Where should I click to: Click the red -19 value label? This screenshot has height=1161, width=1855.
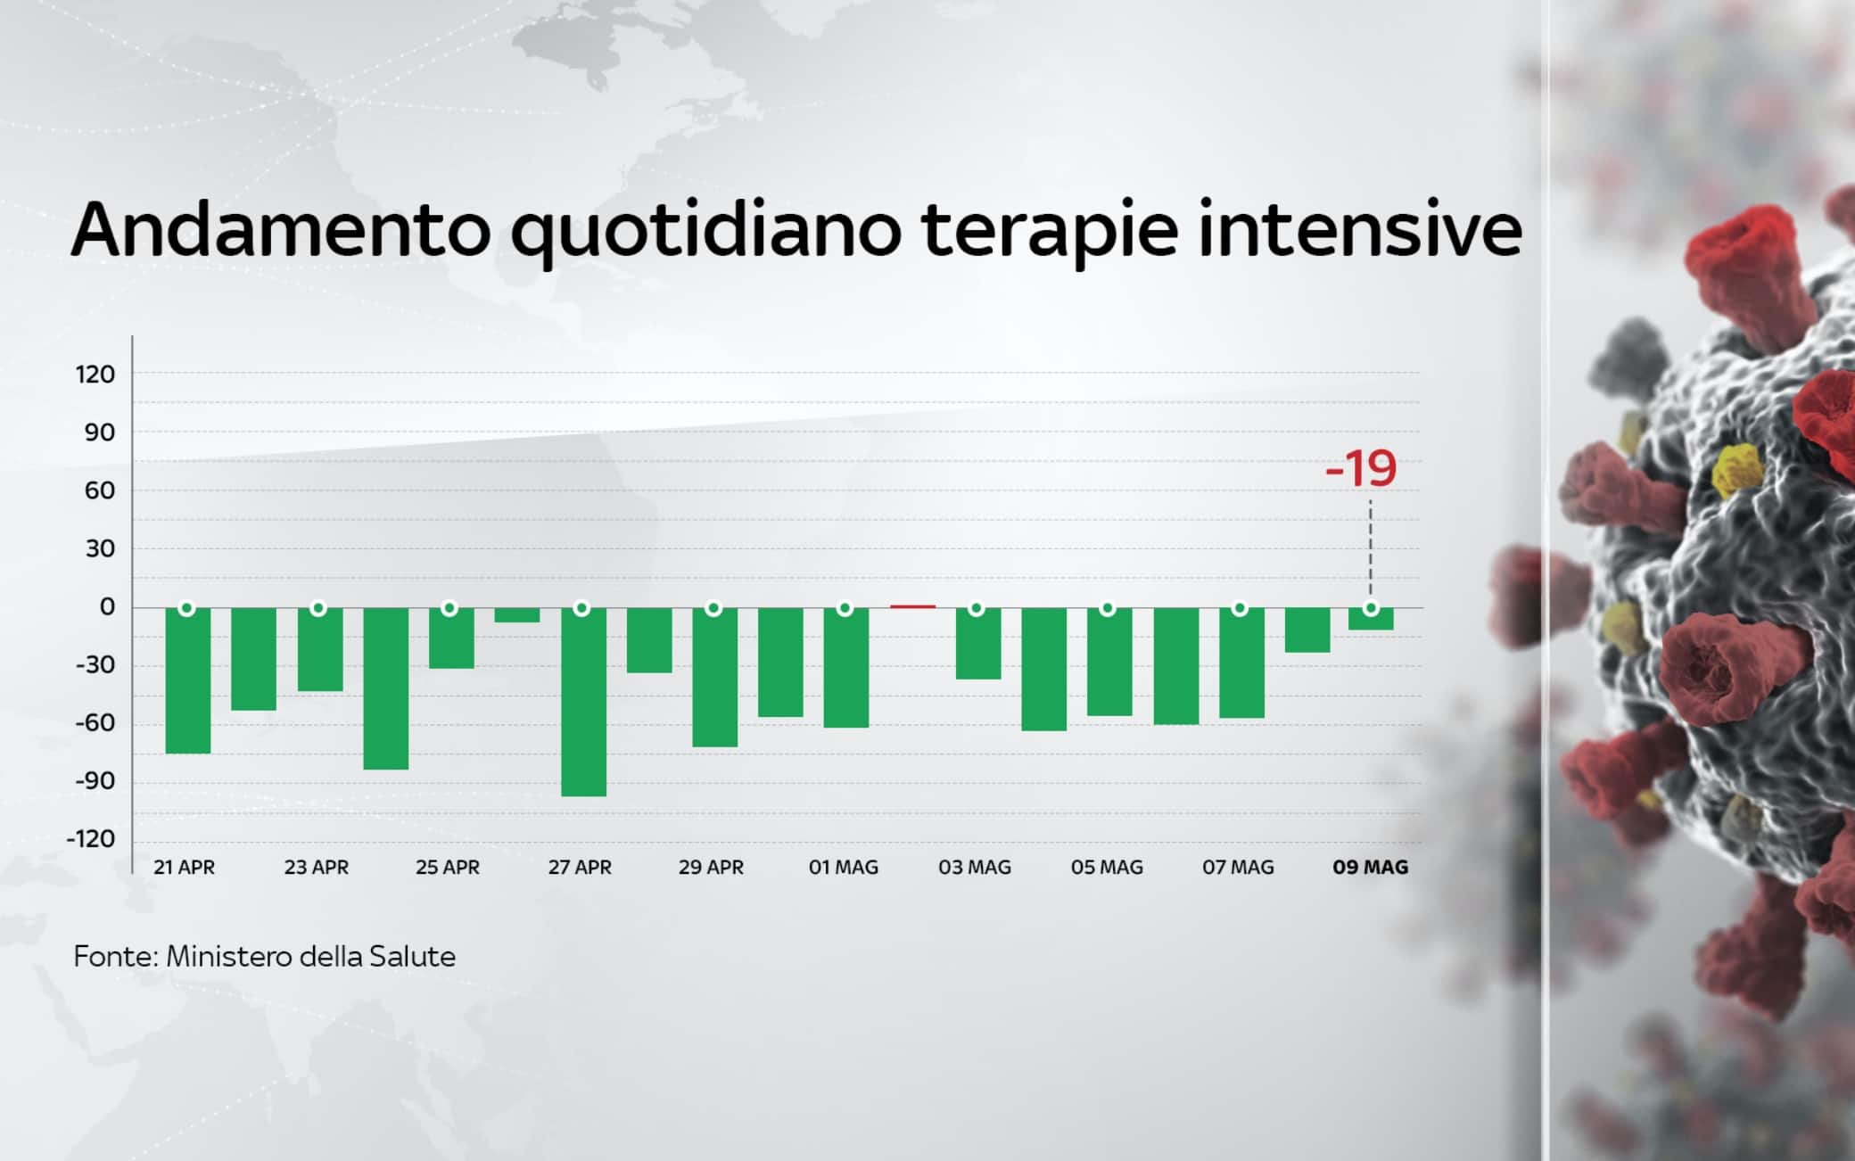point(1361,469)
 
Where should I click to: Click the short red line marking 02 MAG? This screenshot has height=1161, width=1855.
point(912,606)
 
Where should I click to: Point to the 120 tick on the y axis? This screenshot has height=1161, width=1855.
point(95,375)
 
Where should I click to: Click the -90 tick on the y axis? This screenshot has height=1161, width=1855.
point(95,781)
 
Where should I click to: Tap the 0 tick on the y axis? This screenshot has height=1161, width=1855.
point(107,607)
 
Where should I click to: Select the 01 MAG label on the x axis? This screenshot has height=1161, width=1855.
point(843,867)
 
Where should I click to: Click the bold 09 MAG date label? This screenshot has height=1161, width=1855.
point(1370,867)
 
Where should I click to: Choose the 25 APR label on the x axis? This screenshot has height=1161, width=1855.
point(448,867)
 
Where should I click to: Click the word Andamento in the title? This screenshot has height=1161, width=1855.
point(281,230)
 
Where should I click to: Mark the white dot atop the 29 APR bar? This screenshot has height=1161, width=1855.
point(713,608)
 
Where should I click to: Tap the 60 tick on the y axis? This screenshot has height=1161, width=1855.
point(100,490)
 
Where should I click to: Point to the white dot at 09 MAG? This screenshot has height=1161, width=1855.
point(1371,608)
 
